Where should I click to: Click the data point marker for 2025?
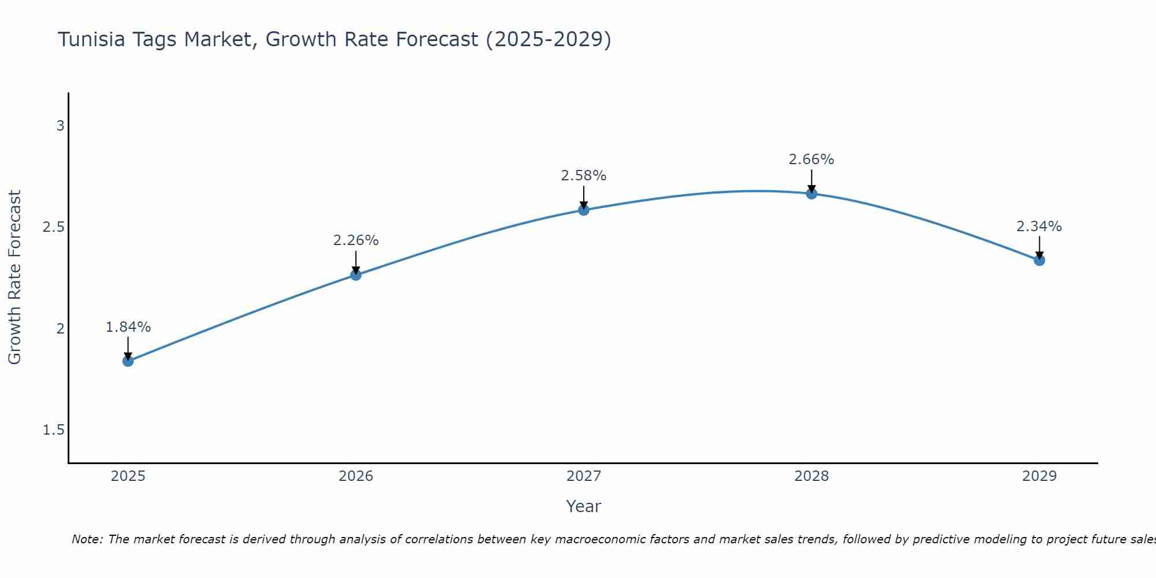tap(128, 361)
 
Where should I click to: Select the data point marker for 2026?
tap(356, 275)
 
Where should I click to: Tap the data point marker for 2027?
tap(584, 210)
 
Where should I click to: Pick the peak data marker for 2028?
tap(812, 194)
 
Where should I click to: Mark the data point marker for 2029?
tap(1039, 260)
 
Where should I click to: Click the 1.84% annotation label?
tap(128, 327)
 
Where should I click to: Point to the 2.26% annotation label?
tap(356, 240)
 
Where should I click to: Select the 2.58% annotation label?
tap(584, 176)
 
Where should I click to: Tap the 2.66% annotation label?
tap(812, 160)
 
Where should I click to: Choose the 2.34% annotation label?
tap(1039, 227)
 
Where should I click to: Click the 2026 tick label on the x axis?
tap(356, 476)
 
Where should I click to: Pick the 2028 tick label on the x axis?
tap(812, 476)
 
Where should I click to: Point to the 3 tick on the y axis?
tap(60, 125)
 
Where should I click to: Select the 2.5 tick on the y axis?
tap(54, 227)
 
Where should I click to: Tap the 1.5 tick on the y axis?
tap(54, 430)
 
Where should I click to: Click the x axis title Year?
tap(584, 506)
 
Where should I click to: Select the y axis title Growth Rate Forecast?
tap(14, 277)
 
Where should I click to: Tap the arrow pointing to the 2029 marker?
tap(1039, 247)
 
